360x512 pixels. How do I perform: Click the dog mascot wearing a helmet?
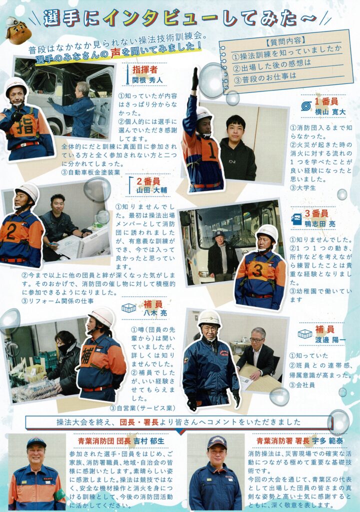tap(18, 30)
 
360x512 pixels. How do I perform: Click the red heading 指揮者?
tap(144, 69)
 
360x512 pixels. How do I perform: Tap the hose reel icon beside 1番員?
tap(306, 106)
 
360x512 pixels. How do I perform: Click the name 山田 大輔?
tap(151, 190)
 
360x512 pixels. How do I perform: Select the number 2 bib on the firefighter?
tap(11, 233)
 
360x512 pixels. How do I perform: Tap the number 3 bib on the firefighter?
tap(257, 270)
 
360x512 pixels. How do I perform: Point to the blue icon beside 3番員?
tap(296, 219)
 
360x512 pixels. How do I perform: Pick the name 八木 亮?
tap(155, 313)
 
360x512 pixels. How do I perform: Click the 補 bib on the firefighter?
tap(88, 355)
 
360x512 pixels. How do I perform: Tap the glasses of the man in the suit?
tap(256, 339)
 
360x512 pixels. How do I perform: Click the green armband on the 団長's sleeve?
tap(59, 495)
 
